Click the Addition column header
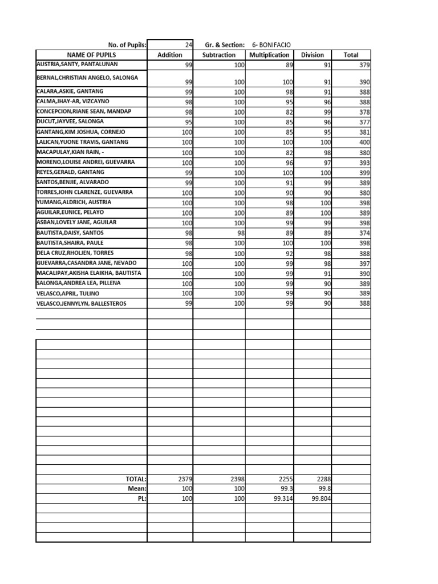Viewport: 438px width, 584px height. pos(169,55)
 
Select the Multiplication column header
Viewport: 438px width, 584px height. pos(269,55)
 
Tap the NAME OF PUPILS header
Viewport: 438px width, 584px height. pos(91,55)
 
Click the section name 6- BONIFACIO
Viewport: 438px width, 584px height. pos(275,44)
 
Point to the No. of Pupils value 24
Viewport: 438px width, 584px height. pos(188,44)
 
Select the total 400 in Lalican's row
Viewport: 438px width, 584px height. pos(364,143)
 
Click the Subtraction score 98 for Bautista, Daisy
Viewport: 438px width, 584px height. pos(239,233)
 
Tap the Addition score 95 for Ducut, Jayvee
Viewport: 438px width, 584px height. pos(188,122)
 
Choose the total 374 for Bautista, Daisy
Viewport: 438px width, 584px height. pos(364,233)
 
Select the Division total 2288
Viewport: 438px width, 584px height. pos(323,480)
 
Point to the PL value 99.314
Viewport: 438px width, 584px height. pos(282,498)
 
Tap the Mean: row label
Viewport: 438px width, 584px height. pos(137,489)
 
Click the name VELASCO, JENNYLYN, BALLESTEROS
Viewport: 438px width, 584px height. pos(81,303)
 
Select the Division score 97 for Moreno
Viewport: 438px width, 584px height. pos(326,163)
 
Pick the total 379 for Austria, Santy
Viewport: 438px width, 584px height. pos(364,66)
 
